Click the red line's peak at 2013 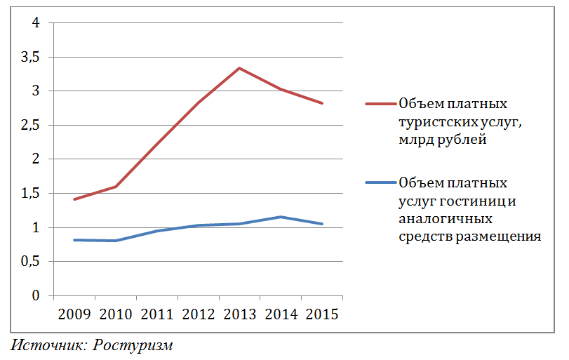click(x=239, y=68)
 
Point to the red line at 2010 click(x=116, y=187)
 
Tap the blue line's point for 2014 click(x=281, y=217)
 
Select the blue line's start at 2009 click(x=74, y=240)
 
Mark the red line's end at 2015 click(x=322, y=103)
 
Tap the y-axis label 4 click(x=36, y=23)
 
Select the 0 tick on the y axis click(x=36, y=296)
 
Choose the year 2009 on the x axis click(x=74, y=314)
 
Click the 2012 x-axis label click(x=198, y=314)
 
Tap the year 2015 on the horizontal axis click(x=322, y=314)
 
